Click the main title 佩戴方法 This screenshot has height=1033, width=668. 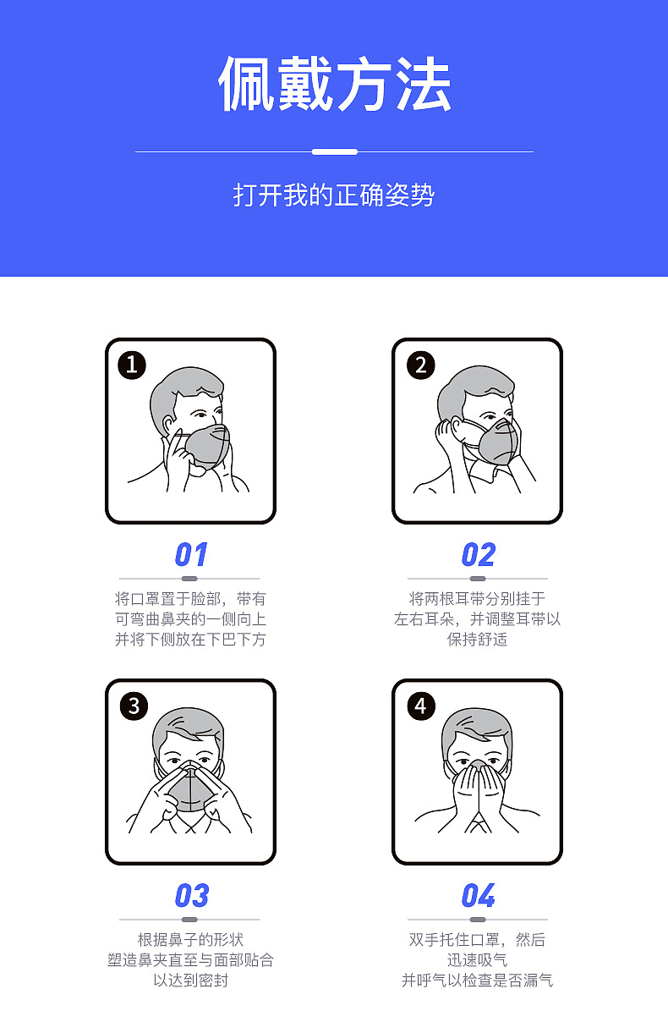(x=334, y=85)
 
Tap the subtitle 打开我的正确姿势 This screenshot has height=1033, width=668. (x=334, y=195)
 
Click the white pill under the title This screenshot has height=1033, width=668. (x=334, y=151)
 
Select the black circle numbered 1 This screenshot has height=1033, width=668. (x=132, y=365)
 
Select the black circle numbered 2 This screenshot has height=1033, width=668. (x=420, y=365)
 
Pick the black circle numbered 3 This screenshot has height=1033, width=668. (x=134, y=706)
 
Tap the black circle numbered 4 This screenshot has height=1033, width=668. (x=421, y=706)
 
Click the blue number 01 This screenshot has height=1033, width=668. (x=190, y=555)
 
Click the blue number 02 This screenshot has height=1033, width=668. (x=478, y=555)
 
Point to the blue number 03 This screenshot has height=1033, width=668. (x=191, y=896)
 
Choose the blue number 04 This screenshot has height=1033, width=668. (x=478, y=896)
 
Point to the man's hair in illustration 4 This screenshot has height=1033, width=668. (x=477, y=725)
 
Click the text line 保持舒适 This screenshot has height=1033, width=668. (x=478, y=640)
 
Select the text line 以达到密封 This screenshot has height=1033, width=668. (x=190, y=981)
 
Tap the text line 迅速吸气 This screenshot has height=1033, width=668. (x=478, y=960)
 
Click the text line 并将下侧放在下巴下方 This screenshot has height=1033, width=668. (x=190, y=640)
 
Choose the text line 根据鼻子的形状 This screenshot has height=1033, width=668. (x=190, y=940)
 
